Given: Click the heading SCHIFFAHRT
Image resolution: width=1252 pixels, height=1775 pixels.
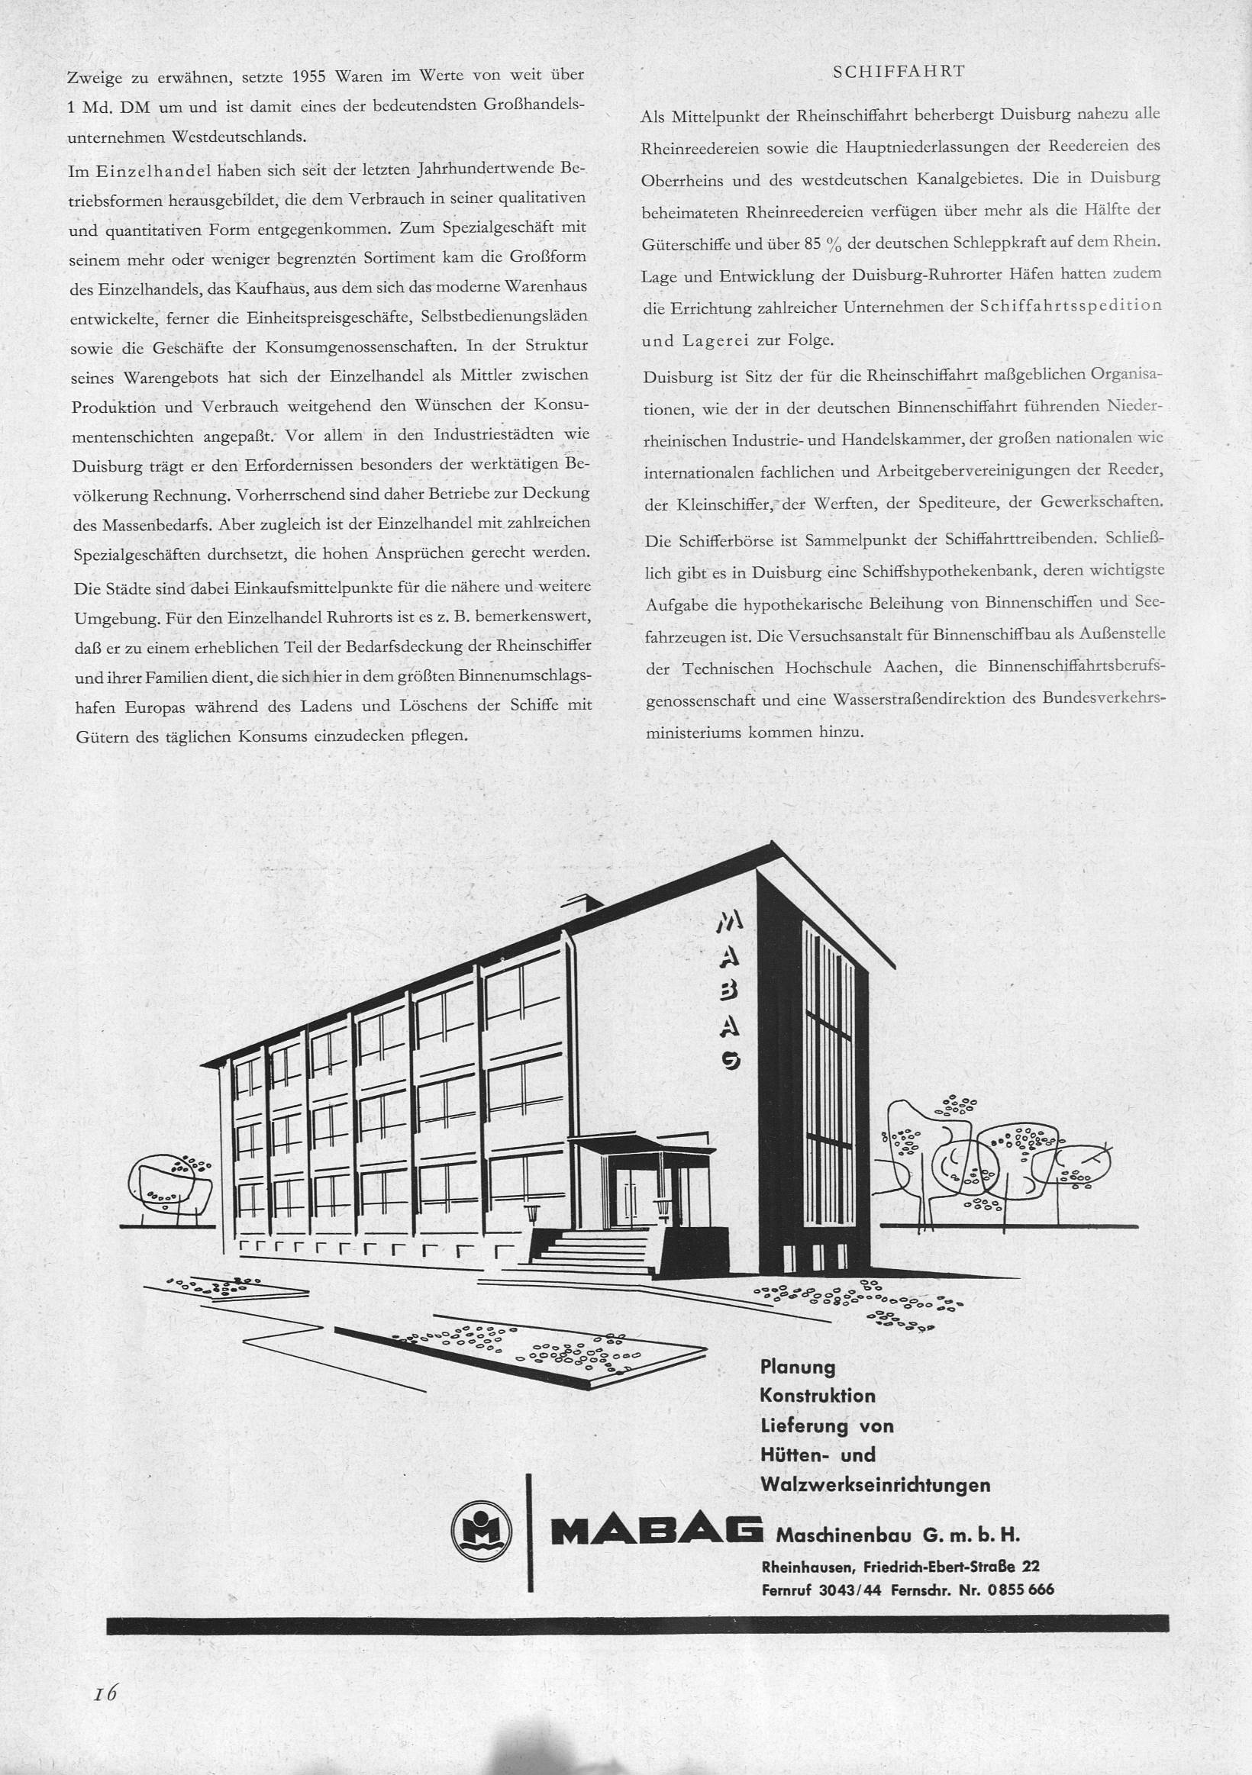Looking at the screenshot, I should click(x=898, y=72).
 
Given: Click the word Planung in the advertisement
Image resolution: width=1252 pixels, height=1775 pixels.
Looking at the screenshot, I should click(x=798, y=1367).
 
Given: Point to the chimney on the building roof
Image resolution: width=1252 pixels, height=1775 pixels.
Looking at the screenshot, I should click(x=584, y=901).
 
